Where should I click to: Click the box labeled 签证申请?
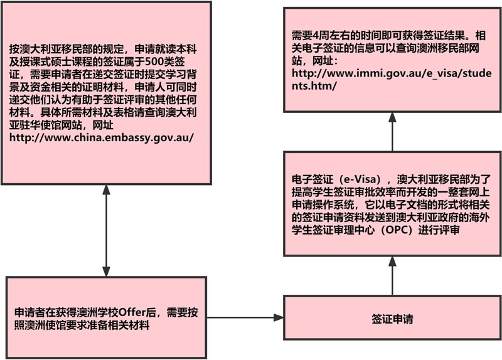tap(392, 319)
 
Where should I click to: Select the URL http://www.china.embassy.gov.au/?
tap(101, 137)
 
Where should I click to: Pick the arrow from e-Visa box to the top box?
tap(392, 131)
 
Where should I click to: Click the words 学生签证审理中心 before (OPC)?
tap(333, 230)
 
